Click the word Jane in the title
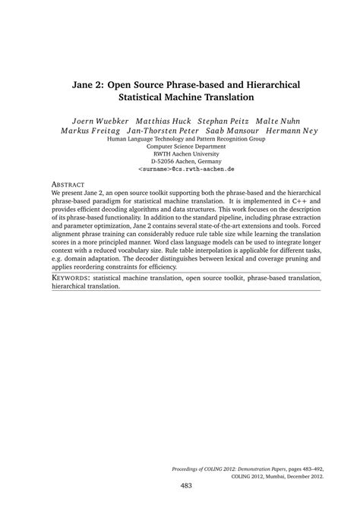(84, 85)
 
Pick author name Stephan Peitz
(225, 121)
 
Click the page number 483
(186, 486)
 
